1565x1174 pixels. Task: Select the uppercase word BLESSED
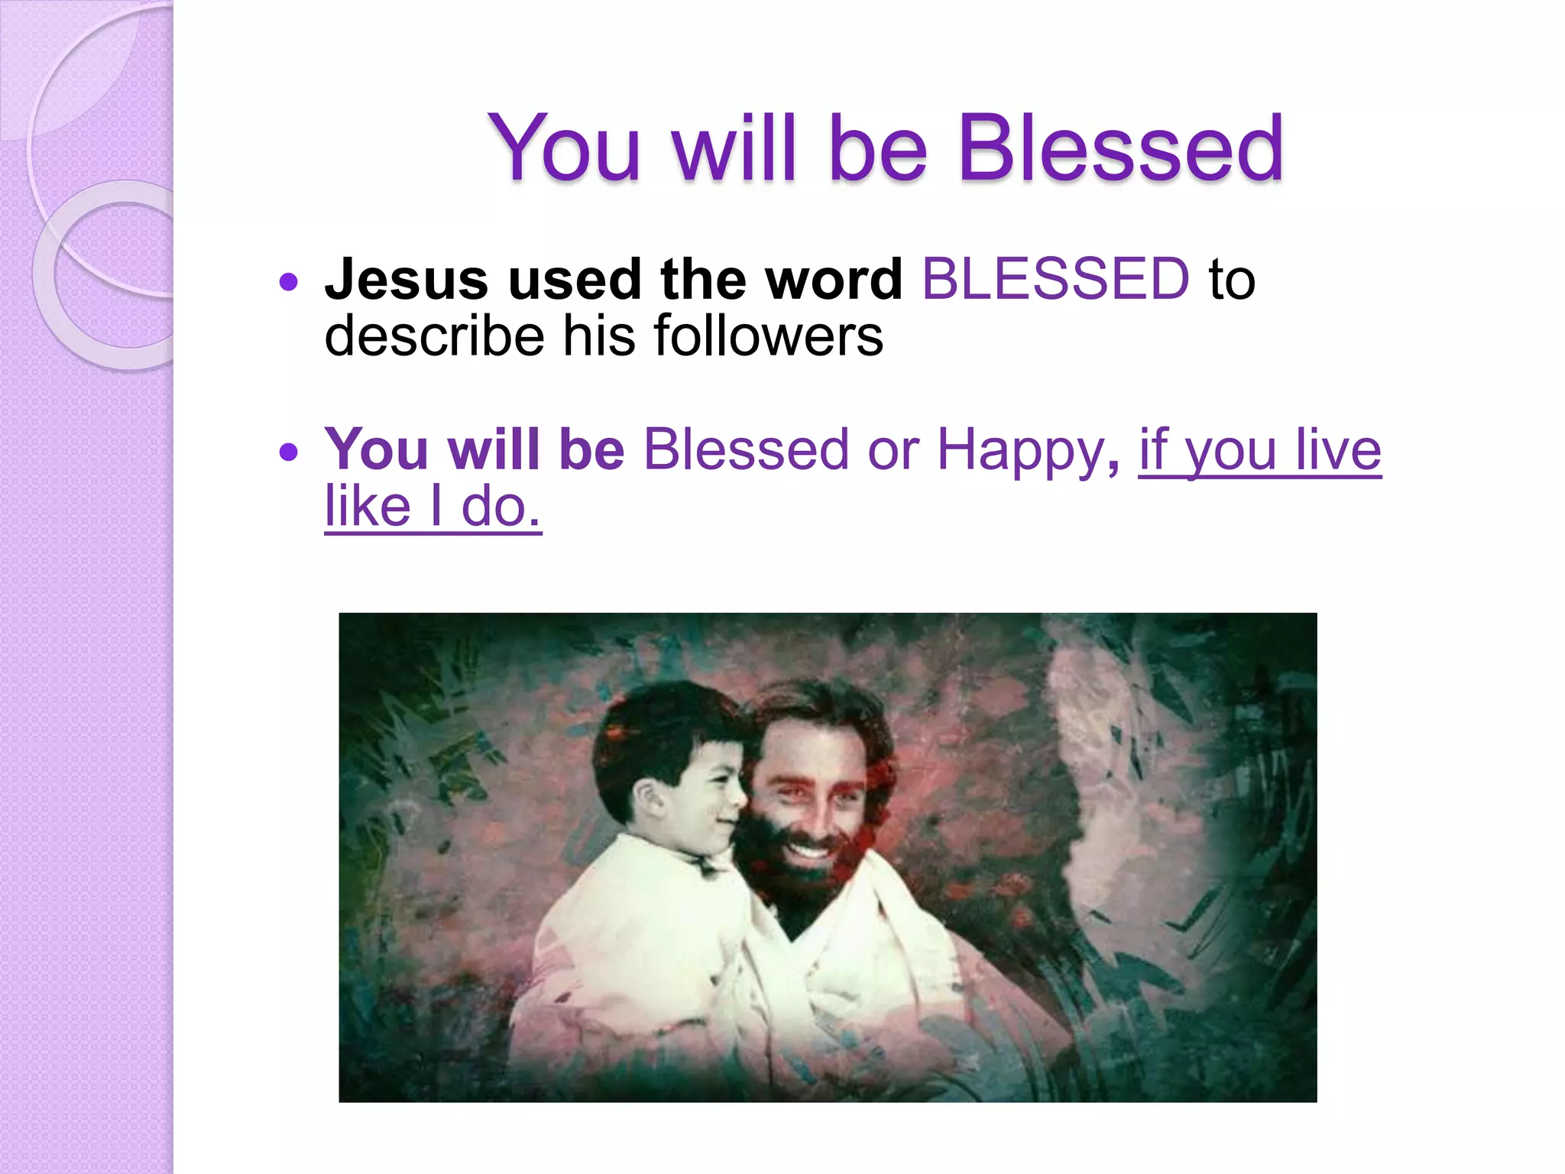click(1055, 280)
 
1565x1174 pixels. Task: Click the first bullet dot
click(288, 283)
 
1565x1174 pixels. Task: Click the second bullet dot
click(288, 452)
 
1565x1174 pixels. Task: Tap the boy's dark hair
click(657, 726)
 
